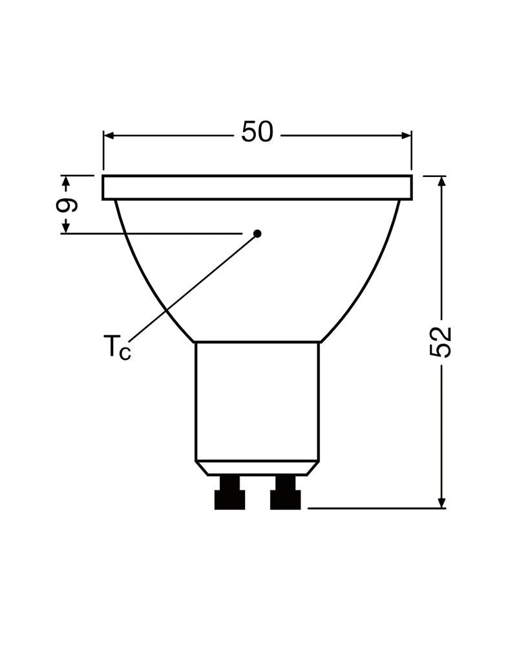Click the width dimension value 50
[x=257, y=132]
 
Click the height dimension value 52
[x=441, y=342]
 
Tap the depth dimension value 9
[x=67, y=205]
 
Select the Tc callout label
[x=117, y=348]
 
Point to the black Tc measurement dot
[x=258, y=234]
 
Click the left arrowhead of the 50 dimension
[x=109, y=136]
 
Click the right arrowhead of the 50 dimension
[x=406, y=136]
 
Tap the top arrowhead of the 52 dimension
[x=441, y=182]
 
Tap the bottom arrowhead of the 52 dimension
[x=441, y=503]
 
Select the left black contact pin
[x=229, y=493]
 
